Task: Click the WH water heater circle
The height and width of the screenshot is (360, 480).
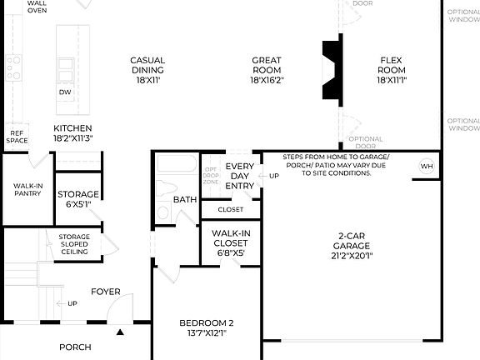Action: coord(427,166)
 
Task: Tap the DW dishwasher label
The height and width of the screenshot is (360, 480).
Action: coord(64,92)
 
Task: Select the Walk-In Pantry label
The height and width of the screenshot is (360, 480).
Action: coord(27,191)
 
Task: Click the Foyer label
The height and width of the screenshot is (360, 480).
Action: coord(106,292)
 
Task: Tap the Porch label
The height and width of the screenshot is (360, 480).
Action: coord(75,347)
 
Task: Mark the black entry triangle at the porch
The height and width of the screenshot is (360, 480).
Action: coord(120,332)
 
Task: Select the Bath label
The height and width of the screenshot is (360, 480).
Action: coord(184,200)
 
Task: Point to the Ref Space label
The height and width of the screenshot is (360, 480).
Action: coord(17,136)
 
